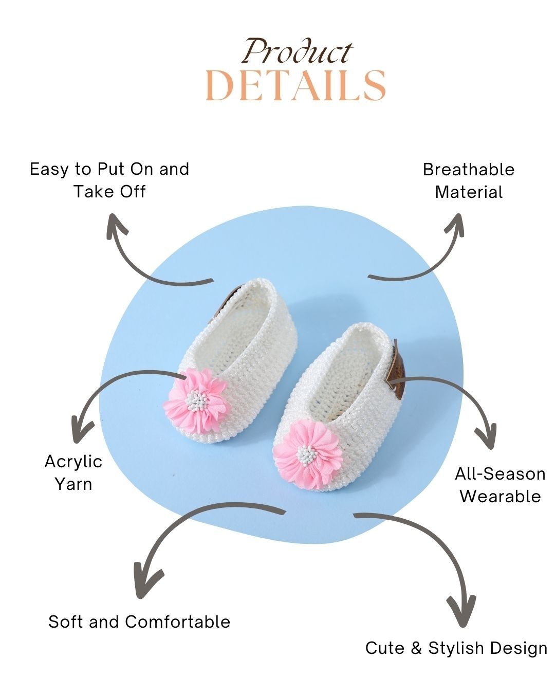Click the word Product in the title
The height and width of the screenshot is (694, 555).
[297, 51]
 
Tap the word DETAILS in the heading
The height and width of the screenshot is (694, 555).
[295, 85]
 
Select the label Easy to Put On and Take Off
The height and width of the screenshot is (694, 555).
[109, 180]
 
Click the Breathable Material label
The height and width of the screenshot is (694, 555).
[469, 180]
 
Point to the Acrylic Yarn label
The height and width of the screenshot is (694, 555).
[73, 472]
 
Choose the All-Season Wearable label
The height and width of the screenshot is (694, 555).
[499, 485]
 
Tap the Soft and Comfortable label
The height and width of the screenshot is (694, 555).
[139, 622]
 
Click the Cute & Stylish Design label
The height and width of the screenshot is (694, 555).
[456, 648]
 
